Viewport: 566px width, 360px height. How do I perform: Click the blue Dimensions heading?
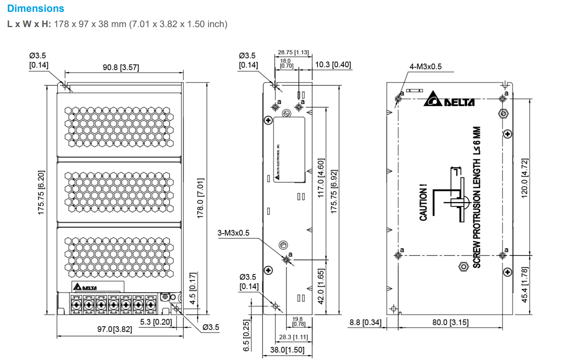35,8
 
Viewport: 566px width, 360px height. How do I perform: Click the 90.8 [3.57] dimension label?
121,68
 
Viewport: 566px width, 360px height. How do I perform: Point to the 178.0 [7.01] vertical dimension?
200,198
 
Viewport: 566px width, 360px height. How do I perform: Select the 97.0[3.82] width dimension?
114,329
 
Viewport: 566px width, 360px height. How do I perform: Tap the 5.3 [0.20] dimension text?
156,322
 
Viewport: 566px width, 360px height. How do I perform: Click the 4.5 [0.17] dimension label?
193,288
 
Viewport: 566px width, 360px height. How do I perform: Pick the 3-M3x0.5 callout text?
233,233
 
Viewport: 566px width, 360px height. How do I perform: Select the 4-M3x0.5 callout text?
425,66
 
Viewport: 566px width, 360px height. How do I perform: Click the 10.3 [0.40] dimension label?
333,65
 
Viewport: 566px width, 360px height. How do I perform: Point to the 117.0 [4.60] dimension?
321,178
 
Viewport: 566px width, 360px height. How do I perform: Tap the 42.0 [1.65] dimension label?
321,286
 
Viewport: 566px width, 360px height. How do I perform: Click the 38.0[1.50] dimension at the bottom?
287,350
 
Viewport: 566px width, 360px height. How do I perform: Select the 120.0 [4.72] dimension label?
525,178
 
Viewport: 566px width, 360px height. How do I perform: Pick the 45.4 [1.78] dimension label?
525,285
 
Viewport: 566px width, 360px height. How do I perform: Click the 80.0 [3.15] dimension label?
450,322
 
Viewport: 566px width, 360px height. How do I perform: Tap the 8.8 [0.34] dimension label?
365,322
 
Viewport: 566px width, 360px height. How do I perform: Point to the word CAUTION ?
423,203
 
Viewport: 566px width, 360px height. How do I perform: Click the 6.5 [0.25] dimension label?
247,335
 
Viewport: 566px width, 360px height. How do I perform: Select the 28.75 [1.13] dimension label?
293,52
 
